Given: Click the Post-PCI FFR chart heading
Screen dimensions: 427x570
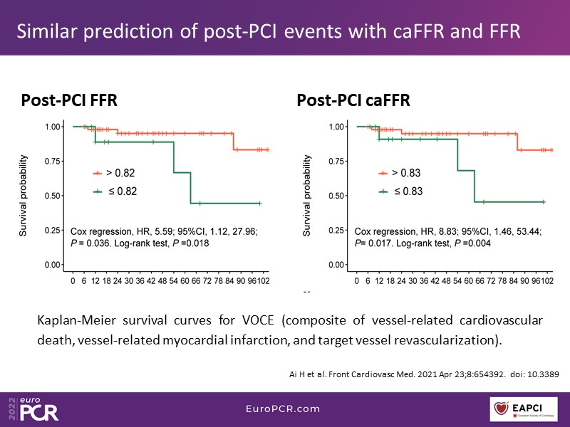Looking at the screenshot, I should (68, 101).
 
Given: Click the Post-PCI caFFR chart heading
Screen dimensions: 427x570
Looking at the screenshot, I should (353, 101).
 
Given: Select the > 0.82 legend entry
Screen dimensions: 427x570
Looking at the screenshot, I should (118, 173).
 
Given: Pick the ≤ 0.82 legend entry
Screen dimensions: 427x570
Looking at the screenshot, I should (118, 191).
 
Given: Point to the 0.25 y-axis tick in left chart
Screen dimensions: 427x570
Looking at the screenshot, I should (51, 231).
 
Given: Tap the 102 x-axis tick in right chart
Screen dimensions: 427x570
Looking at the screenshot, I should (546, 281).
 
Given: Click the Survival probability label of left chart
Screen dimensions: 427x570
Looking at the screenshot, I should (24, 196).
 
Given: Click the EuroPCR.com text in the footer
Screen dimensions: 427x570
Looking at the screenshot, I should (285, 408).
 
